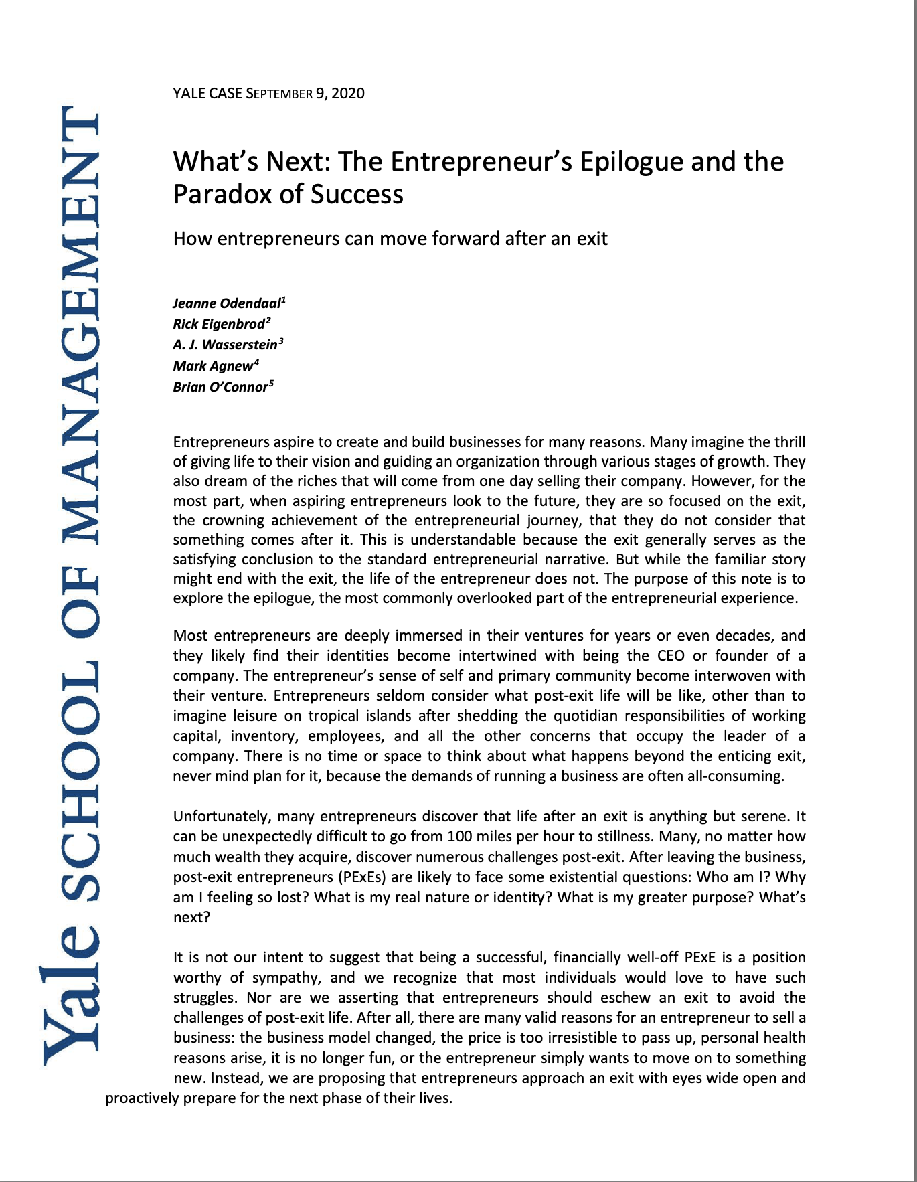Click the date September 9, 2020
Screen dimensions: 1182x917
(x=305, y=94)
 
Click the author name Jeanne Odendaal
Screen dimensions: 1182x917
(x=227, y=303)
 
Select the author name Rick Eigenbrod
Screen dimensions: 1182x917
(x=219, y=325)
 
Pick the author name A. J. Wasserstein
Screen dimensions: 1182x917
(x=226, y=345)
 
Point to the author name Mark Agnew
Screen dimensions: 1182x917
(x=213, y=367)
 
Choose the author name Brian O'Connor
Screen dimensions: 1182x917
(x=220, y=388)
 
